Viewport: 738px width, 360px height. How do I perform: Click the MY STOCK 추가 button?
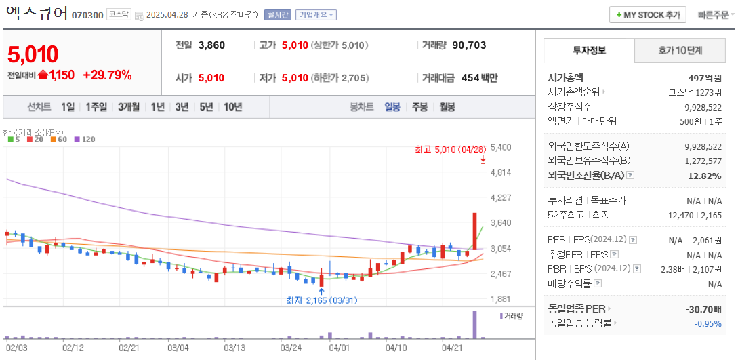click(x=648, y=14)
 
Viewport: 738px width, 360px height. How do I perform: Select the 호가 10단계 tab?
click(x=680, y=51)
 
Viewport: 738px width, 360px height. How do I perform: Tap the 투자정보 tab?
click(x=589, y=51)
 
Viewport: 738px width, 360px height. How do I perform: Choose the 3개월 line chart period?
click(x=128, y=107)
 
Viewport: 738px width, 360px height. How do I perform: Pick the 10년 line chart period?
click(x=232, y=107)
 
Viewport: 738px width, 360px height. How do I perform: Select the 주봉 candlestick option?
click(x=419, y=107)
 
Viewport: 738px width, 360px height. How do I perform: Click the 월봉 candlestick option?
click(x=447, y=107)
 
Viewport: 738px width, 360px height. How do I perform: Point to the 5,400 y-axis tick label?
click(x=500, y=147)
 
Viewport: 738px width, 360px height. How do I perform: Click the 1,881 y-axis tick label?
click(x=500, y=299)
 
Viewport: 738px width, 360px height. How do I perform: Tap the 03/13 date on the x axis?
click(x=234, y=348)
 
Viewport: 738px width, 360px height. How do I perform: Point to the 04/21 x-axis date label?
click(x=452, y=348)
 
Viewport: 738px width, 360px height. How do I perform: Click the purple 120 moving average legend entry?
click(x=85, y=139)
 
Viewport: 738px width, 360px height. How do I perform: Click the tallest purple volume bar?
click(x=475, y=325)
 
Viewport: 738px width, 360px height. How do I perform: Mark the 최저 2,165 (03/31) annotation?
click(x=321, y=300)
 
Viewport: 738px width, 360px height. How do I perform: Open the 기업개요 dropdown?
click(x=316, y=15)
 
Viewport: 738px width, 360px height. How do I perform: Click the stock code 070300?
click(x=87, y=15)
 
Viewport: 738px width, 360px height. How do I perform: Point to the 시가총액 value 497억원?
click(x=704, y=78)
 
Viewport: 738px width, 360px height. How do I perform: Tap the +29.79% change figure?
click(x=107, y=75)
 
